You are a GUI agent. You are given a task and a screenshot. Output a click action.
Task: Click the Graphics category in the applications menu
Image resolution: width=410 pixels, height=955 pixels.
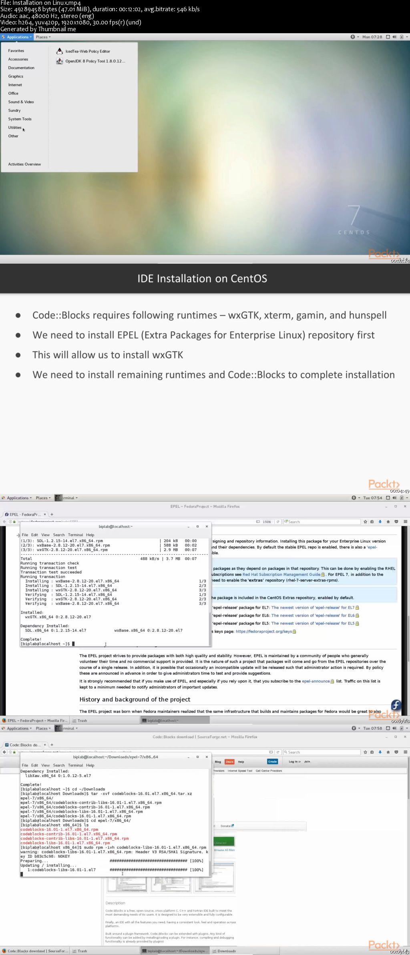click(x=16, y=76)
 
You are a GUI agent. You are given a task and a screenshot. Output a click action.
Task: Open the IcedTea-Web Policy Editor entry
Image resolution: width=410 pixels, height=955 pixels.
click(x=88, y=51)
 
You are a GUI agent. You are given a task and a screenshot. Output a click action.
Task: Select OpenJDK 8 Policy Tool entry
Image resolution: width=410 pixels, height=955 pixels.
click(x=95, y=61)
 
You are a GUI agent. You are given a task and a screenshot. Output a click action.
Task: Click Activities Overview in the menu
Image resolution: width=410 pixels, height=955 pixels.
click(x=24, y=164)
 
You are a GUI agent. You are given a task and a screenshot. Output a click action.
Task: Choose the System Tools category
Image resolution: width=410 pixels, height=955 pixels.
click(x=20, y=119)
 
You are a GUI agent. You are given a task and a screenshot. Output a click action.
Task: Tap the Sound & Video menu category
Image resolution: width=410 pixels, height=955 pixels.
click(x=21, y=102)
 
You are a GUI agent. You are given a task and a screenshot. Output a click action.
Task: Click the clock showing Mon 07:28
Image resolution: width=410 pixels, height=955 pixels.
click(x=372, y=37)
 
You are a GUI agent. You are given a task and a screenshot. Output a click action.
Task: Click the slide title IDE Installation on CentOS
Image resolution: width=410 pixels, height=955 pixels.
click(x=202, y=278)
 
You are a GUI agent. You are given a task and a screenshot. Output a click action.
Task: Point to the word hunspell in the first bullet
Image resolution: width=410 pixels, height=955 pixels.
click(x=368, y=315)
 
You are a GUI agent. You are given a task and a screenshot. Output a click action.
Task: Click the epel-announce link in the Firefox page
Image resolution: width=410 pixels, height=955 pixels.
click(x=316, y=681)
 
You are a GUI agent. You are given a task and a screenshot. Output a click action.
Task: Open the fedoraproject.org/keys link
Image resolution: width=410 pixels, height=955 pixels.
click(x=263, y=631)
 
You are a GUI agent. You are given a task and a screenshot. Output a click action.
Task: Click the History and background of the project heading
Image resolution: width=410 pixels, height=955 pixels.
click(x=135, y=699)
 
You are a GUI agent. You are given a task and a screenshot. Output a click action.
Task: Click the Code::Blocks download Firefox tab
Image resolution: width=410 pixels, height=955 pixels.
click(x=24, y=745)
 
